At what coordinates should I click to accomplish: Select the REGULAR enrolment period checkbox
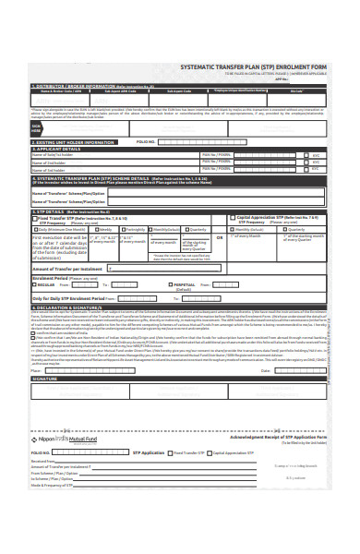[34, 285]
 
